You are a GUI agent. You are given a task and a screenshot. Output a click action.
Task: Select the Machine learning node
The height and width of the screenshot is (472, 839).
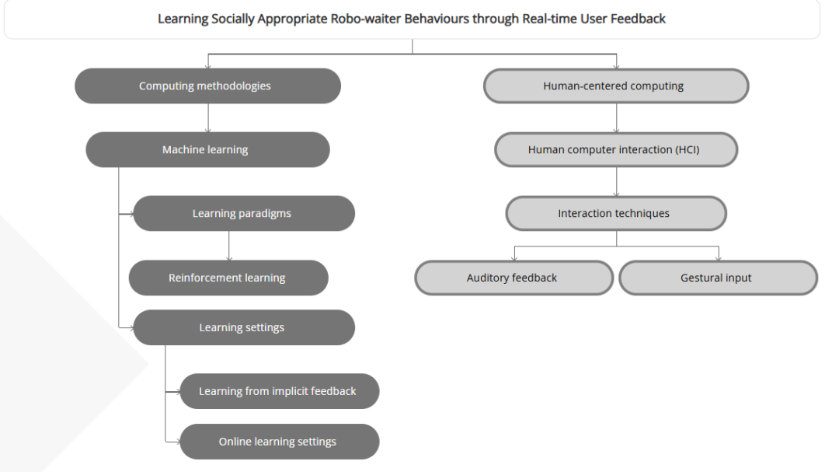click(207, 150)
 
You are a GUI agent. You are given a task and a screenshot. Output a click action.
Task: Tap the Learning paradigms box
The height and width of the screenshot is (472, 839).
click(243, 214)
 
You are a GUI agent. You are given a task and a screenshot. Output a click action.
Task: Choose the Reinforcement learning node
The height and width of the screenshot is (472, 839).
click(228, 278)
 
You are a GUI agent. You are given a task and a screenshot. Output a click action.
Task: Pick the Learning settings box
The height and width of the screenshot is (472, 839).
click(243, 327)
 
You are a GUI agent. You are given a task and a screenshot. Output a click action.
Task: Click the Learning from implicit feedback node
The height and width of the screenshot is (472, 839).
click(279, 391)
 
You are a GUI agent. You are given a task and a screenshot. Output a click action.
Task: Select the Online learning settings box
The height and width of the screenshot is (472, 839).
click(279, 442)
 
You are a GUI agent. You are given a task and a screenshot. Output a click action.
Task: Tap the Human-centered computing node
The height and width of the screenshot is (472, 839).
click(616, 86)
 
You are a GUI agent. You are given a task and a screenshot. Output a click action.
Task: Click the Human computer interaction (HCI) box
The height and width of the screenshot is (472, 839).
click(616, 150)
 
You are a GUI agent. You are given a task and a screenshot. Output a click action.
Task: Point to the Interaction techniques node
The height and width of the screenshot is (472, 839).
click(616, 214)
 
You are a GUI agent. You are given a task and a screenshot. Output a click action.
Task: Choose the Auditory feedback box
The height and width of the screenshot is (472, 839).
click(513, 278)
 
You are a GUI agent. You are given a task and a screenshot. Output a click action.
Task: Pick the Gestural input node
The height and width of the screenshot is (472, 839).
click(718, 278)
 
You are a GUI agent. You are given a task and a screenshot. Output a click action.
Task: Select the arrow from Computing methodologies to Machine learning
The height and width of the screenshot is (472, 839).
click(207, 118)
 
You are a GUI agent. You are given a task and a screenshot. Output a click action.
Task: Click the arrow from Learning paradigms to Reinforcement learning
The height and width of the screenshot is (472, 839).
click(228, 246)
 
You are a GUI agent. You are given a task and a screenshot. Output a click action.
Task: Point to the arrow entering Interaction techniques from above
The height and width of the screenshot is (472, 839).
click(616, 183)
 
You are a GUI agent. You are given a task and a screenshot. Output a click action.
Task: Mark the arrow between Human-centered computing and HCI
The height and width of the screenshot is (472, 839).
click(616, 118)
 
